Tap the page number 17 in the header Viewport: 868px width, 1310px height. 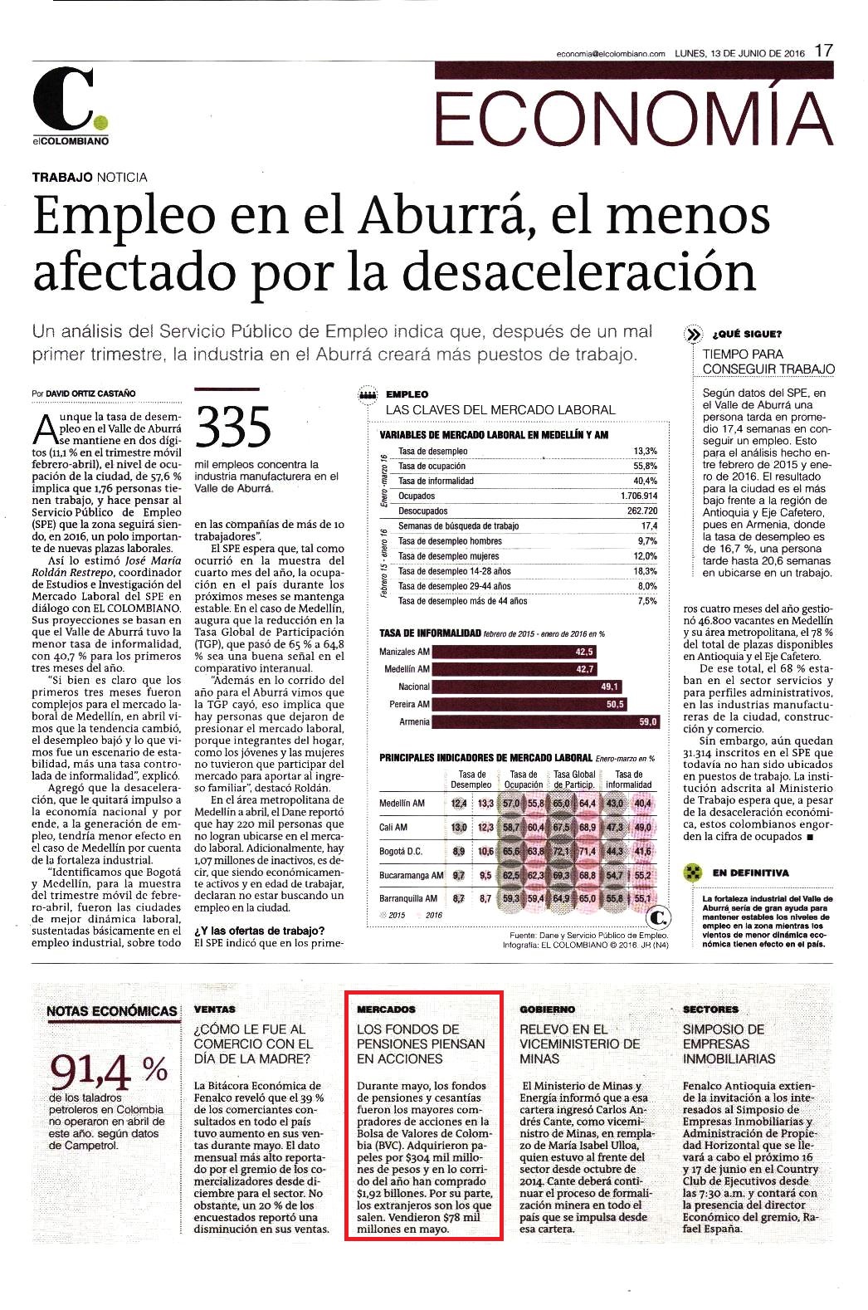click(824, 51)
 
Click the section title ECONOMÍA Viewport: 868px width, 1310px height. click(634, 115)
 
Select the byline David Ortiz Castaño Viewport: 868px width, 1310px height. click(90, 393)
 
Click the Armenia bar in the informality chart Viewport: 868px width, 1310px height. click(544, 721)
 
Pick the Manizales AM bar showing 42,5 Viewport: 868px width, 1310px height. click(514, 652)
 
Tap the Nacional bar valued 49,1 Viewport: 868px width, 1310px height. click(526, 687)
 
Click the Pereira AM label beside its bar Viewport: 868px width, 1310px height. click(409, 704)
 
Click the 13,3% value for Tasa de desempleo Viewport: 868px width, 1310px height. click(646, 451)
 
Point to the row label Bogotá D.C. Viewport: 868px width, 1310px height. click(400, 851)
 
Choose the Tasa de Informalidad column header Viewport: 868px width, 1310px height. click(628, 780)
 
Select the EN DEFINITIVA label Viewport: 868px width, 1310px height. click(750, 873)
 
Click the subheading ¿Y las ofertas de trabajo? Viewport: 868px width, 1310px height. click(260, 931)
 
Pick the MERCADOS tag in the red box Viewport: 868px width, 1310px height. click(386, 1009)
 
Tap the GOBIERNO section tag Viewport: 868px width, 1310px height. click(547, 1009)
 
